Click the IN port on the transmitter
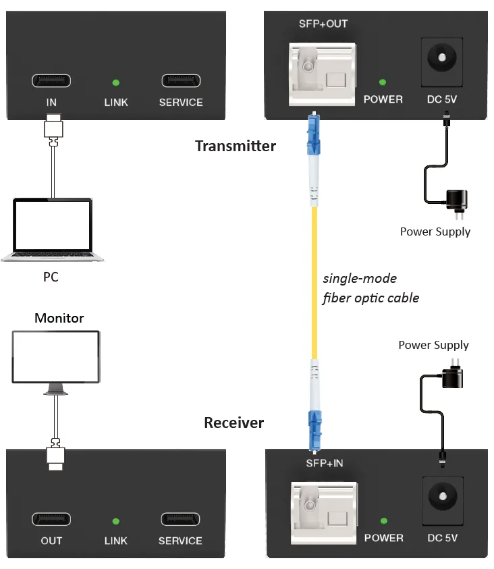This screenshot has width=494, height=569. coord(51,80)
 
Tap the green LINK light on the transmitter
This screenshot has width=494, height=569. coord(116,83)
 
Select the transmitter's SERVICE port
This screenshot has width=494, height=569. coord(181,80)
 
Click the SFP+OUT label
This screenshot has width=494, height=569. coord(323,24)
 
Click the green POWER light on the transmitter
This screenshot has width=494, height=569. coord(383,82)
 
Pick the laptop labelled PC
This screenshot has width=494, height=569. coord(53,229)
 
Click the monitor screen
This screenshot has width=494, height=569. coord(56,356)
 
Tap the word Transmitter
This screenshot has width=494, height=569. coord(236,146)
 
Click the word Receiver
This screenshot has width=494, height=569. coord(234,423)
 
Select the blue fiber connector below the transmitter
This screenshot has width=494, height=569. coord(314,134)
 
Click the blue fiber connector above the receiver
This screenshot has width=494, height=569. coord(314,431)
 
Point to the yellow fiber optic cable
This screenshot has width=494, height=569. coord(314,283)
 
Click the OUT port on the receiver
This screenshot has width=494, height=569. coord(51,519)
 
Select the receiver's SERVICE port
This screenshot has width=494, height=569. coord(180,519)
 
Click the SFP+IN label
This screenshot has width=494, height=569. coord(325,464)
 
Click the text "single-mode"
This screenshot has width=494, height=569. coord(360,278)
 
